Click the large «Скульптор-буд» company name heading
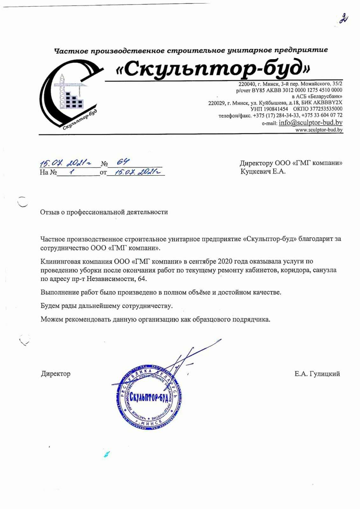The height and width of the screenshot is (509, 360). coord(213,68)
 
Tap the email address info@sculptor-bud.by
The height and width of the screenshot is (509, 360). coord(310,123)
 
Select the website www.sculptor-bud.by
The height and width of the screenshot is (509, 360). coord(319,130)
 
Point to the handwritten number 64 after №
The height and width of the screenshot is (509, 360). coord(123,162)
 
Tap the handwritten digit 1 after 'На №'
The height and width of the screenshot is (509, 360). coord(72,172)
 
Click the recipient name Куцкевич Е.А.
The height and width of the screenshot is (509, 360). coord(263,171)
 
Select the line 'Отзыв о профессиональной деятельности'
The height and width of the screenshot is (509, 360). coord(104,212)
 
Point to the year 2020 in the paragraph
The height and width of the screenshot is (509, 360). coord(225,261)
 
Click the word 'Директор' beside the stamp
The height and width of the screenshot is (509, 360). coord(56,373)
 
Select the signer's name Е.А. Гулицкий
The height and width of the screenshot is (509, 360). coord(317,374)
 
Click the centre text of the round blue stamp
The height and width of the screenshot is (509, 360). coord(148,398)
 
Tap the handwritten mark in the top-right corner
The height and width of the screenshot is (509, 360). coord(343,18)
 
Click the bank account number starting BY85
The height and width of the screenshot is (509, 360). coord(297,90)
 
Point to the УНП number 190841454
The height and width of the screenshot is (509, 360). coord(275,109)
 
